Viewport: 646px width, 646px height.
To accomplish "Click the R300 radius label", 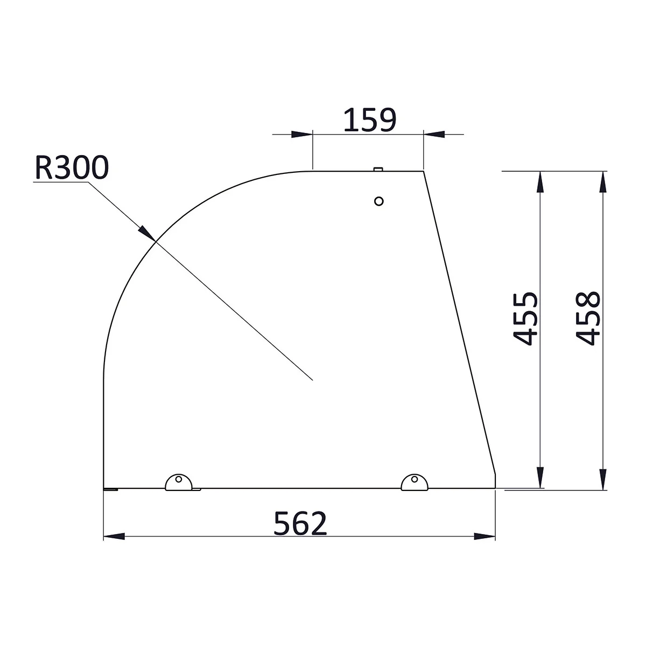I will (x=72, y=168).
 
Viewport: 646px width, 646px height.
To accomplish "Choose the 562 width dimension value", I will (x=300, y=524).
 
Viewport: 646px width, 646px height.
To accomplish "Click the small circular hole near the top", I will (x=378, y=201).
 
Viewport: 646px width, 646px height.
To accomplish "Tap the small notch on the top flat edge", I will (x=378, y=169).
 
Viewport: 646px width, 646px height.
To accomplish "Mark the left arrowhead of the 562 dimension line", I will (x=113, y=536).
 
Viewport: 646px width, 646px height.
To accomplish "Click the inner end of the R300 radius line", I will (x=313, y=380).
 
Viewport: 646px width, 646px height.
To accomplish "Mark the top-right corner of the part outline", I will (x=424, y=171).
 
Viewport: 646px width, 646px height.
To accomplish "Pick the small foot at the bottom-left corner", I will (x=110, y=489).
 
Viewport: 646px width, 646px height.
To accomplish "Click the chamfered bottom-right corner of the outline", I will (x=495, y=474).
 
